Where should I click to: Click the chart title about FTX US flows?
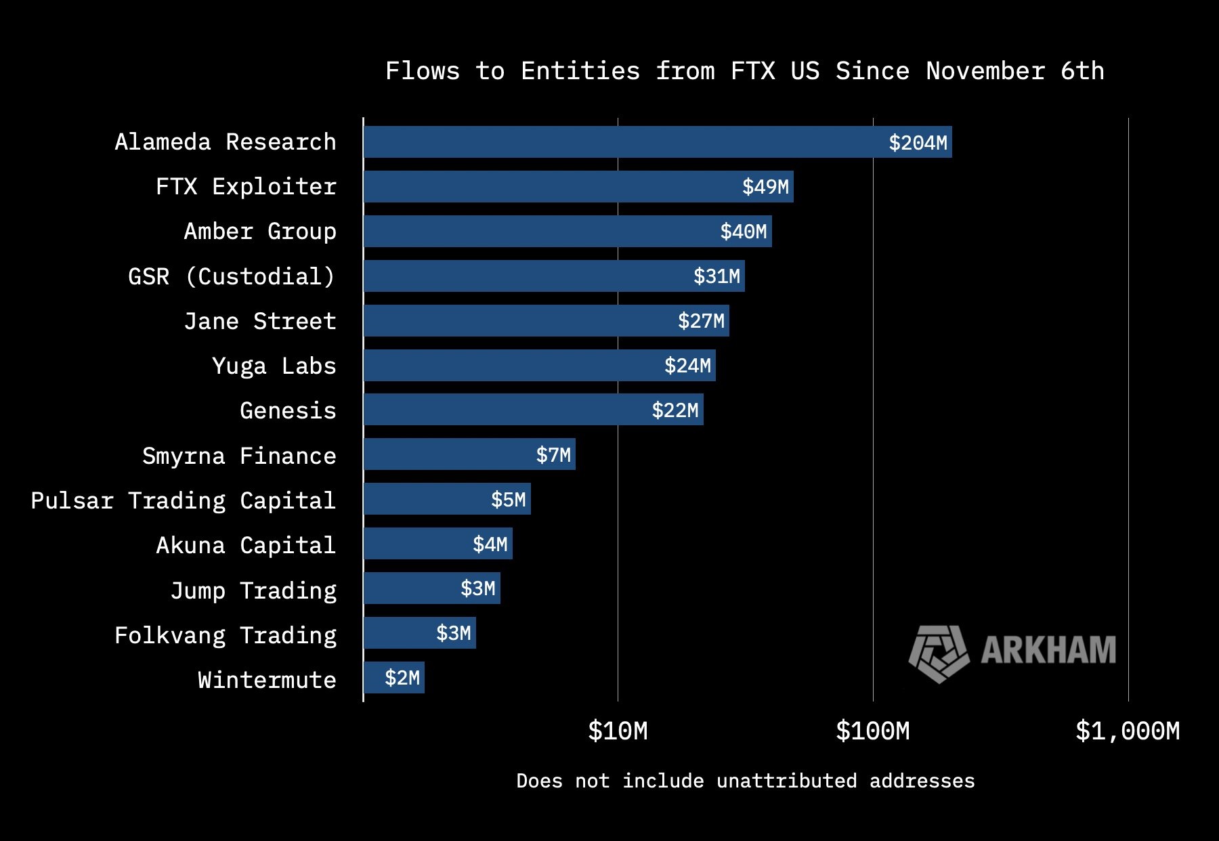(x=744, y=71)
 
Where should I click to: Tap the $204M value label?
(x=918, y=143)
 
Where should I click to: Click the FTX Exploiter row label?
(x=246, y=187)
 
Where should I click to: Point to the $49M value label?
(x=765, y=187)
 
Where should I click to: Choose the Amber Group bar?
(x=542, y=232)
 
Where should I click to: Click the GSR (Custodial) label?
(x=232, y=277)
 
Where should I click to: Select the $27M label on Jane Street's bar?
(x=701, y=321)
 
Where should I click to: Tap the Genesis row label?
(x=288, y=411)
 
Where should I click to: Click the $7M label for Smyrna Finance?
(x=553, y=455)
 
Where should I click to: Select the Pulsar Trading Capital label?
(x=183, y=501)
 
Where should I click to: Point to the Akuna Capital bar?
(x=420, y=544)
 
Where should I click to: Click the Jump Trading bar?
(x=413, y=588)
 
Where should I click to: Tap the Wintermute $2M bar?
(x=394, y=678)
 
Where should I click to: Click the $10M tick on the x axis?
(x=618, y=731)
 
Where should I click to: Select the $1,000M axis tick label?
(x=1128, y=731)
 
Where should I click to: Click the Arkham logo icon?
(x=939, y=653)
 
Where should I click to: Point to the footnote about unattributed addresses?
(x=745, y=781)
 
